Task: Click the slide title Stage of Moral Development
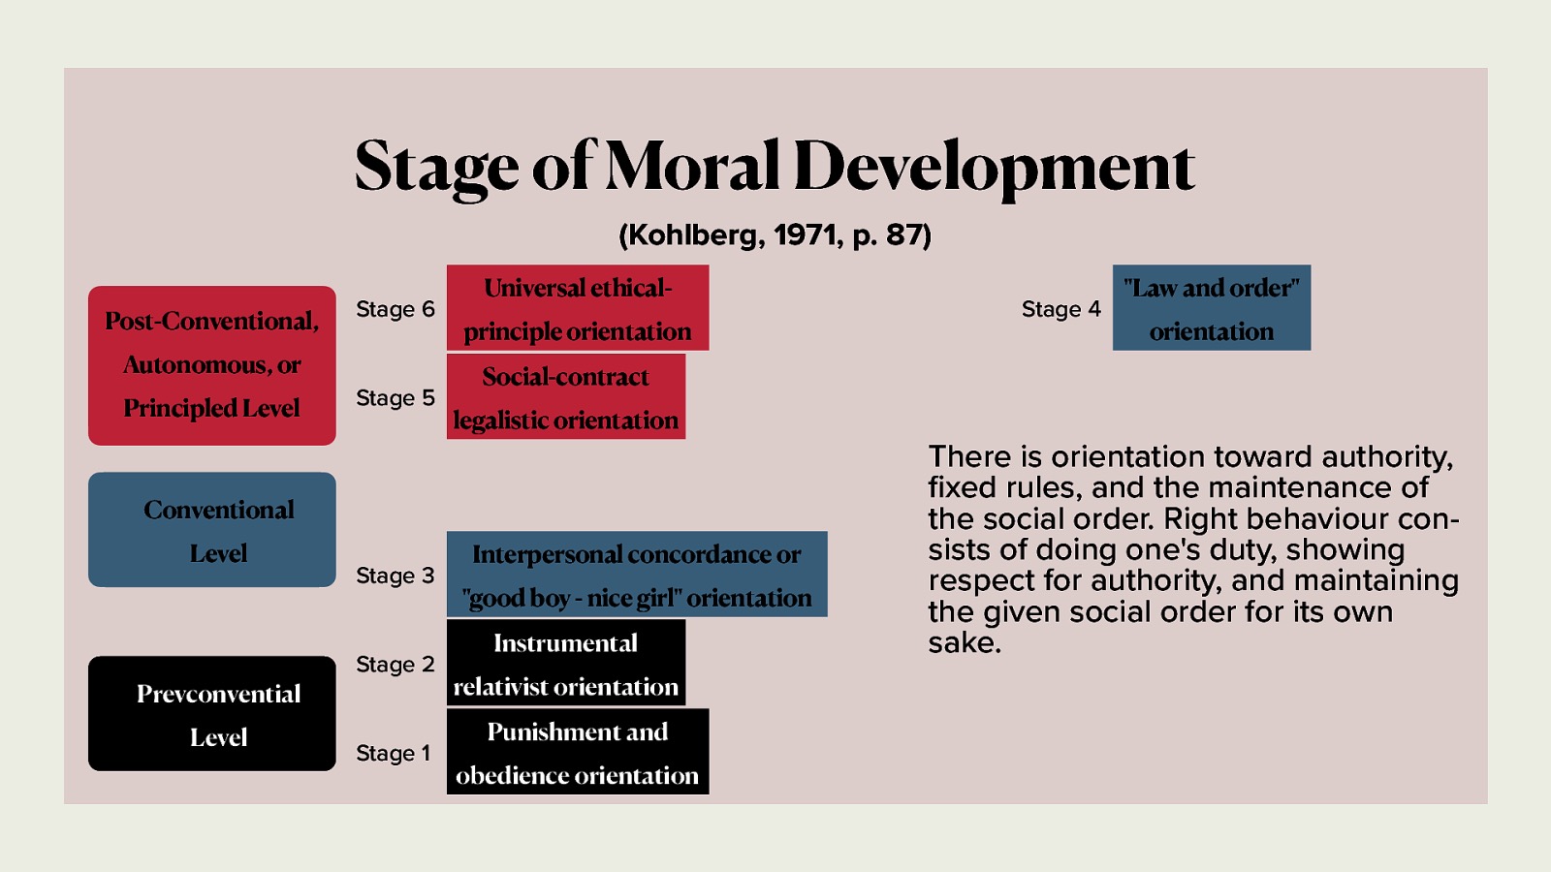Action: coord(774,166)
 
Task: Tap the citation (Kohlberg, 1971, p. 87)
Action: coord(775,234)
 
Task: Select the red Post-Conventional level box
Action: coord(211,365)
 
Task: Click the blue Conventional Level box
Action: coord(211,530)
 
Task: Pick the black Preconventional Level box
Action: coord(211,714)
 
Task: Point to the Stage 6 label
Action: coord(395,309)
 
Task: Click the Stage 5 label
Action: coord(395,398)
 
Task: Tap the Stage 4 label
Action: coord(1060,309)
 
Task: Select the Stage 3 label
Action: coord(395,576)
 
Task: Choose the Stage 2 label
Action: coord(395,665)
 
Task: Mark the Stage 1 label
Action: coord(393,753)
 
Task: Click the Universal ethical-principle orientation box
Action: coord(577,308)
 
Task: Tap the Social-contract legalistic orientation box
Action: coord(565,397)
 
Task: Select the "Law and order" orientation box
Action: coord(1211,308)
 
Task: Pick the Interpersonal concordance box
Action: coord(636,575)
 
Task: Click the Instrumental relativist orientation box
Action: coord(565,664)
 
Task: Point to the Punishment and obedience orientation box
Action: coord(577,752)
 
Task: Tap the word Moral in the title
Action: coord(691,166)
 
